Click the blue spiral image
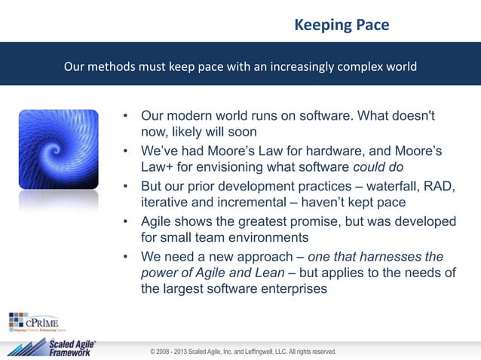tap(59, 149)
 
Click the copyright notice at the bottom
tap(243, 352)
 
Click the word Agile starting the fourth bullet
tap(158, 221)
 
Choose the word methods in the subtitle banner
tap(114, 66)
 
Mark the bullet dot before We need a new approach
tap(127, 256)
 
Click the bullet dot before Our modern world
tap(127, 117)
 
